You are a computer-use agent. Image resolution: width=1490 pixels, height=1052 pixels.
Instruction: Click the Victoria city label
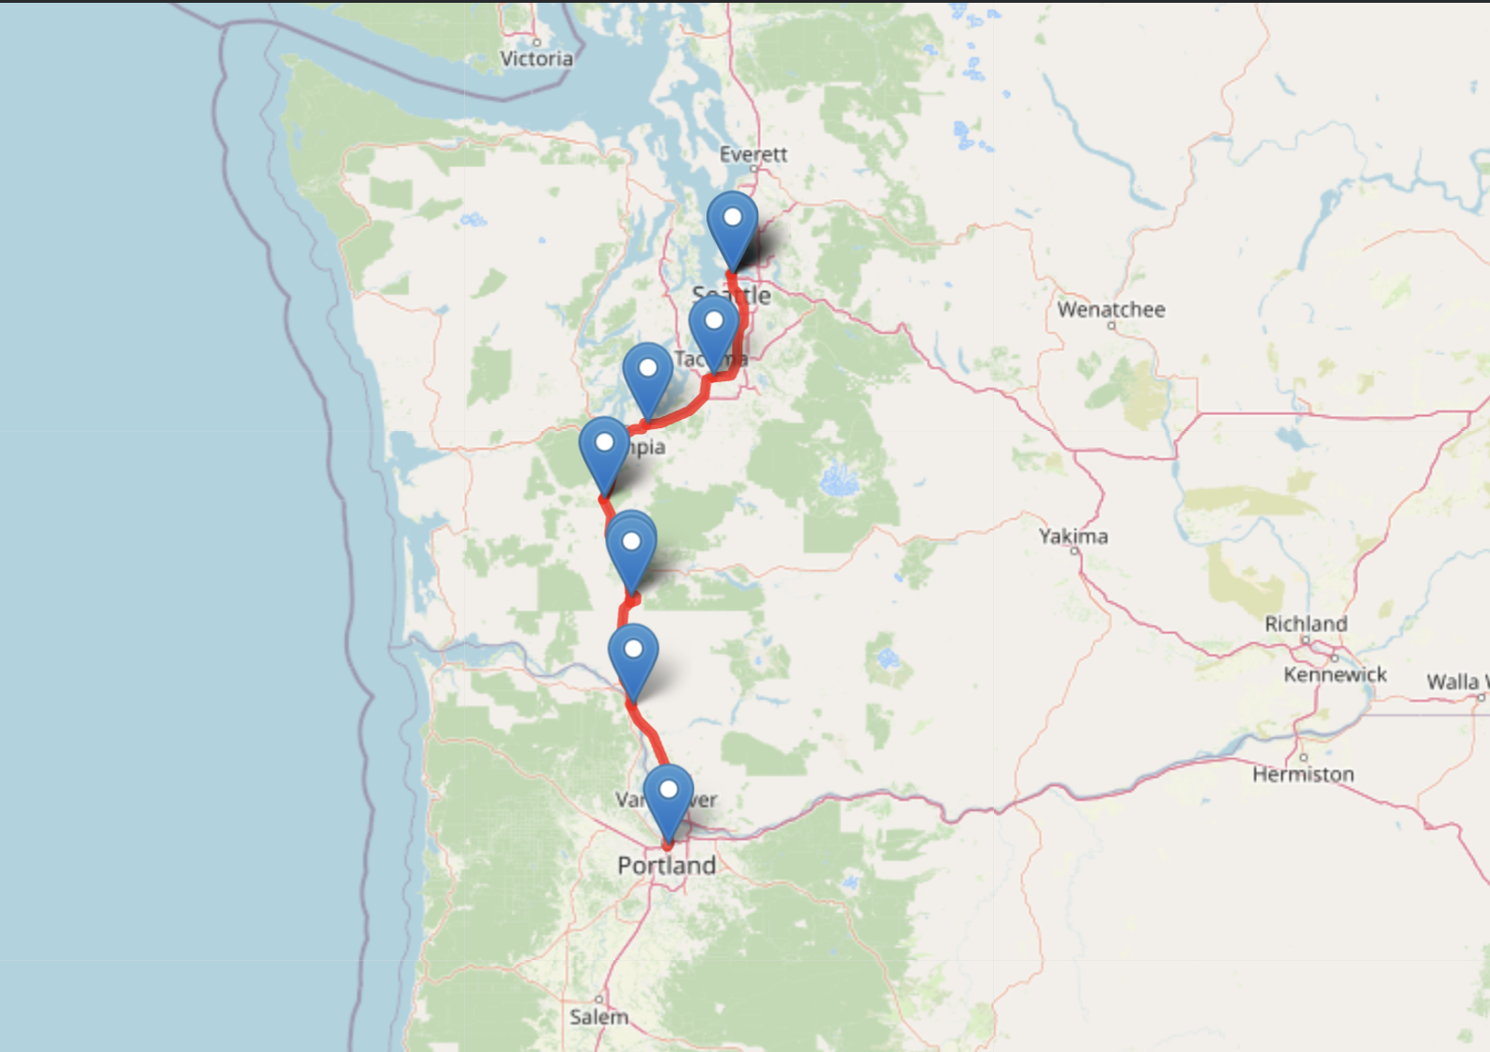[x=536, y=59]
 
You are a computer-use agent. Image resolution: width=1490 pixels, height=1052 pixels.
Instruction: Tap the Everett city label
[x=753, y=154]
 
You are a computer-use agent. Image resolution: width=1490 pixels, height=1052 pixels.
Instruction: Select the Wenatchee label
[x=1110, y=309]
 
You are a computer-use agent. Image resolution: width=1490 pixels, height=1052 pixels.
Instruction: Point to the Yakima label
[x=1073, y=536]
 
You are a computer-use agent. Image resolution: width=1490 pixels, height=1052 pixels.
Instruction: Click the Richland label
[x=1305, y=624]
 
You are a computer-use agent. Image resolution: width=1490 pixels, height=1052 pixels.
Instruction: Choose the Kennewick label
[x=1335, y=674]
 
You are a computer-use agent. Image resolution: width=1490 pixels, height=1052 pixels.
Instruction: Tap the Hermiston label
[x=1303, y=775]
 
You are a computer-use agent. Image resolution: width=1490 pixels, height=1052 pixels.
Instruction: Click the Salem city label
[x=598, y=1017]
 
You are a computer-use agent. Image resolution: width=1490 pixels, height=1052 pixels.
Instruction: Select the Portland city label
[x=666, y=865]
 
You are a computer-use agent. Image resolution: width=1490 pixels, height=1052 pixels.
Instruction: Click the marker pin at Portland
[x=668, y=798]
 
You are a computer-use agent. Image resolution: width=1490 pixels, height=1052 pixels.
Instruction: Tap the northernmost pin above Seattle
[x=732, y=225]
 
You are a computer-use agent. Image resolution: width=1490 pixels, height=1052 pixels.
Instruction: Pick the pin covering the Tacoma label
[x=714, y=330]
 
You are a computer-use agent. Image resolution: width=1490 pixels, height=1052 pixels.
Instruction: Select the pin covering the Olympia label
[x=604, y=451]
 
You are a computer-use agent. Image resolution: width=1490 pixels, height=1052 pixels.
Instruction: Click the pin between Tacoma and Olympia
[x=647, y=376]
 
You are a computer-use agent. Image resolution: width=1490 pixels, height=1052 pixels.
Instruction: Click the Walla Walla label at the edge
[x=1456, y=682]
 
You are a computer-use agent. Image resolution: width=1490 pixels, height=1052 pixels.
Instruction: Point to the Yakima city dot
[x=1075, y=551]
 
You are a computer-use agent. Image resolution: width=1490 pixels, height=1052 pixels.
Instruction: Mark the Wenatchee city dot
[x=1111, y=325]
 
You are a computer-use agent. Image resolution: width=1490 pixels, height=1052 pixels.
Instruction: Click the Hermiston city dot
[x=1303, y=757]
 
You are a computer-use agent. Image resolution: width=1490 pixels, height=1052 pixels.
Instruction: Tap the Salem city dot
[x=598, y=999]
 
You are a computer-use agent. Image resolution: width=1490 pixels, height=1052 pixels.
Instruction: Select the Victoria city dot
[x=536, y=42]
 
